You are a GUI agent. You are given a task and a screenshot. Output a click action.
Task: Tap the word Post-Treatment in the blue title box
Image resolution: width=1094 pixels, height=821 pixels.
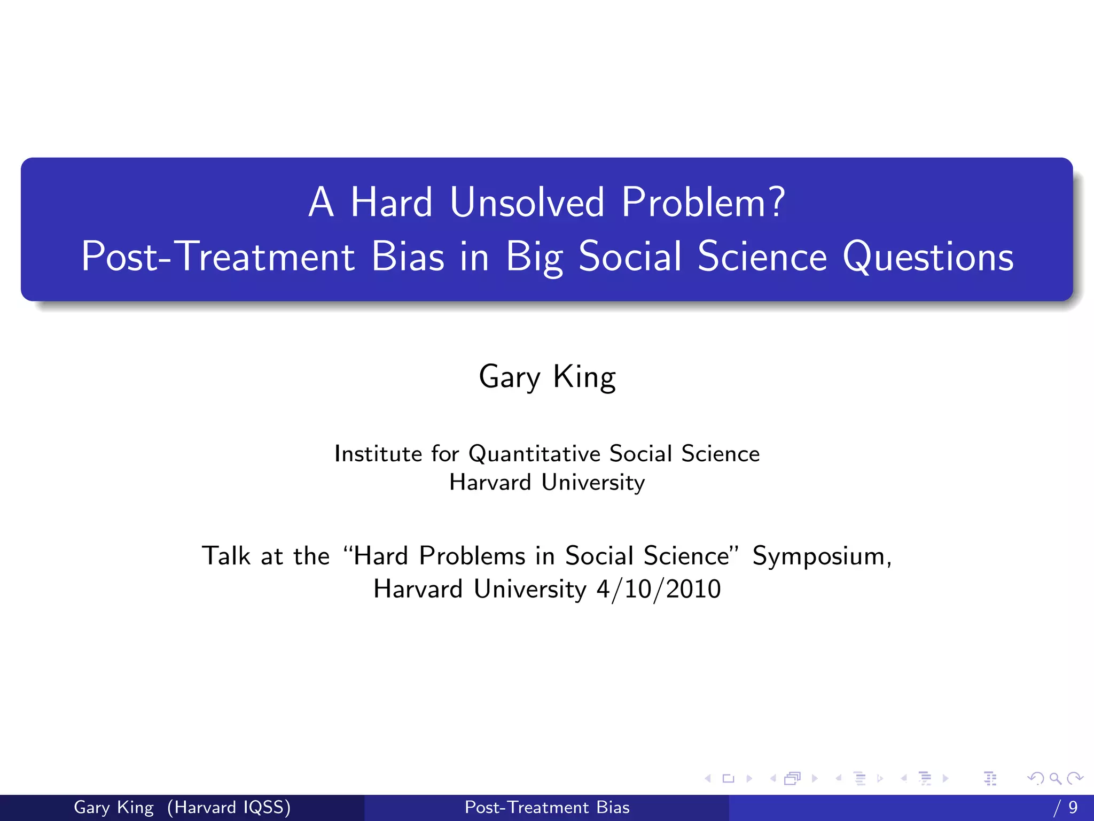point(217,257)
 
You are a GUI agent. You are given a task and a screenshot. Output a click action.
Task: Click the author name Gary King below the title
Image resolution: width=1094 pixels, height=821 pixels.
point(547,377)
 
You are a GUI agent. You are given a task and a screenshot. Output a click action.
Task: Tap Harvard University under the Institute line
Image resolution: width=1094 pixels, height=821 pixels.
point(547,482)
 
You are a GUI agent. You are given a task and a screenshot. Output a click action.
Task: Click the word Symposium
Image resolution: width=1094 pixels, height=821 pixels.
point(822,556)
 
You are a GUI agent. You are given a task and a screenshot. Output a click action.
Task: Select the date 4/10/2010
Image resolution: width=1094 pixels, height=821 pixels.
point(659,589)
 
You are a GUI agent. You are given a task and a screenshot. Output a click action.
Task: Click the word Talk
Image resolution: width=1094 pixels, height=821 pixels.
point(226,556)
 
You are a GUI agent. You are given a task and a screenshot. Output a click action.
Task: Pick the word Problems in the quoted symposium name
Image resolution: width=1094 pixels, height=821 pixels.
point(472,556)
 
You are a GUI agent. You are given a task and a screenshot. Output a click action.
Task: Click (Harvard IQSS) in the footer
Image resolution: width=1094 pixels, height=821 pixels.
point(229,807)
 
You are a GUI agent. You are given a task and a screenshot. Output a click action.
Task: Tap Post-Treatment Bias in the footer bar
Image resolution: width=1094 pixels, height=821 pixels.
point(547,807)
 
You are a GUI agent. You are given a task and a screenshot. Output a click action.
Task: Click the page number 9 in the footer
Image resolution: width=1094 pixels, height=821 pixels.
point(1073,807)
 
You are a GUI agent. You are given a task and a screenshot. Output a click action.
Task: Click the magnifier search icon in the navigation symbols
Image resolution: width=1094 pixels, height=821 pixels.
point(1055,779)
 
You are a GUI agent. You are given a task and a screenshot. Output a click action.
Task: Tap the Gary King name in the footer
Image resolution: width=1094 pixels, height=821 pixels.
point(113,807)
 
